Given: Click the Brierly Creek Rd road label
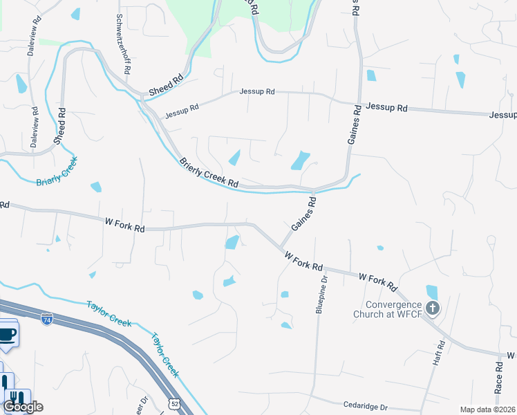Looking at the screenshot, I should (209, 174).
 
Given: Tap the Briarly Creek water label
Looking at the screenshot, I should (57, 172).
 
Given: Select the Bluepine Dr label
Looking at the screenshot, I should (321, 293).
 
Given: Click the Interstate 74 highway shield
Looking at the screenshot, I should (47, 320).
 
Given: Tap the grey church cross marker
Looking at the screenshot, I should (433, 308).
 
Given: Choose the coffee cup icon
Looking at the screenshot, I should (8, 335).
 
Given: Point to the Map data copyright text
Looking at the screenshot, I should (487, 409).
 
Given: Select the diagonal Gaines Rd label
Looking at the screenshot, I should (303, 214).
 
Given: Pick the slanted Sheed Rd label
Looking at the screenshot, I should (166, 85).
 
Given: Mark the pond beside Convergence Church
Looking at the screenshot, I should (432, 292).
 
